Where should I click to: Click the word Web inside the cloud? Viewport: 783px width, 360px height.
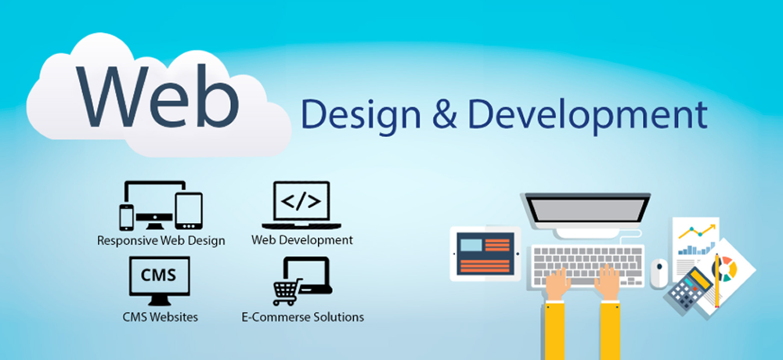tap(157, 95)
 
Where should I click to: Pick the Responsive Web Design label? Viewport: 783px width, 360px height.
tap(161, 241)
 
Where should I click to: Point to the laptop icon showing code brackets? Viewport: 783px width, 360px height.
tap(301, 205)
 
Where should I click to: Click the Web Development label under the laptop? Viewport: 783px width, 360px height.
tap(302, 239)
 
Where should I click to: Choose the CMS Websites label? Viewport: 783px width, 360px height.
tap(160, 317)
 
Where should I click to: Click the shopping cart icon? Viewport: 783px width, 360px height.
tap(287, 292)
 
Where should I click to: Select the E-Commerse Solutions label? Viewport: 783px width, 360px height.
tap(302, 317)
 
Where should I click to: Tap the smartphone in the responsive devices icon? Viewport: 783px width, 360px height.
tap(126, 218)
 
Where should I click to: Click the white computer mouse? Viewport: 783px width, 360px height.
tap(659, 273)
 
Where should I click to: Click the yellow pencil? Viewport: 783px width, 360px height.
tap(717, 280)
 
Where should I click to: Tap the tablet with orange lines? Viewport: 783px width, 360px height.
tap(485, 253)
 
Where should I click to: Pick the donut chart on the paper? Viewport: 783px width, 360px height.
tap(727, 268)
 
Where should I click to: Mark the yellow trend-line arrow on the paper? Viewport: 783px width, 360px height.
tap(697, 231)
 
